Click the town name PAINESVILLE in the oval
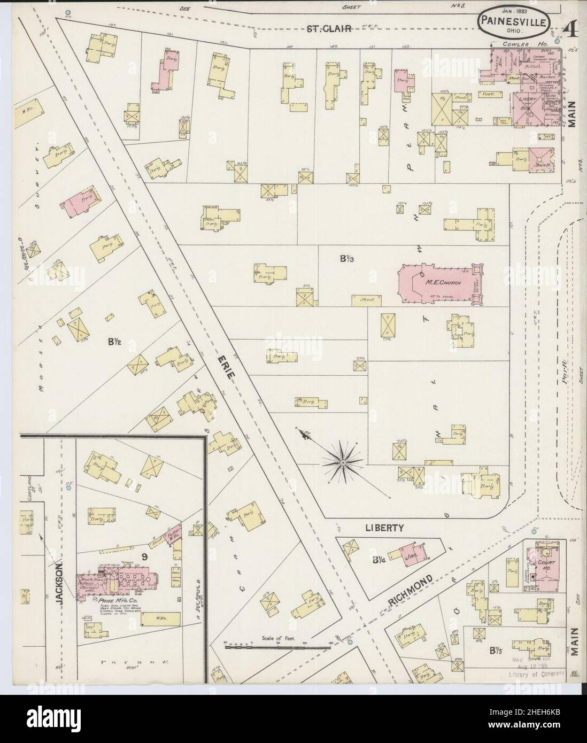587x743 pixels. click(515, 22)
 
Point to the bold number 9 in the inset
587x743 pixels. click(144, 557)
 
